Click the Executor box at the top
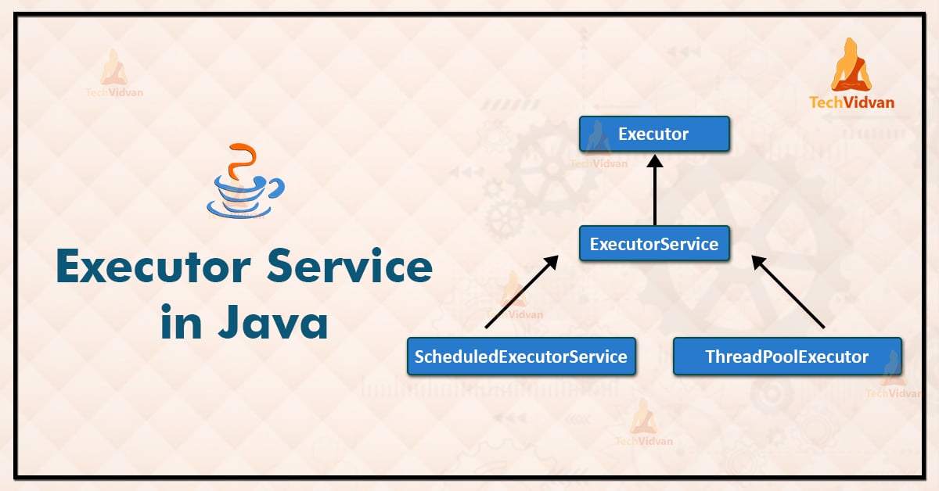point(654,134)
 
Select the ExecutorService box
point(654,244)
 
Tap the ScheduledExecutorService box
point(521,357)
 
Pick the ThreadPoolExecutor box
point(787,357)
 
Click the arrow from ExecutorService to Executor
point(654,192)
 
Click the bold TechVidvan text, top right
point(852,102)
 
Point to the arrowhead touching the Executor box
point(654,159)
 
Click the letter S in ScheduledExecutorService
point(420,357)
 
